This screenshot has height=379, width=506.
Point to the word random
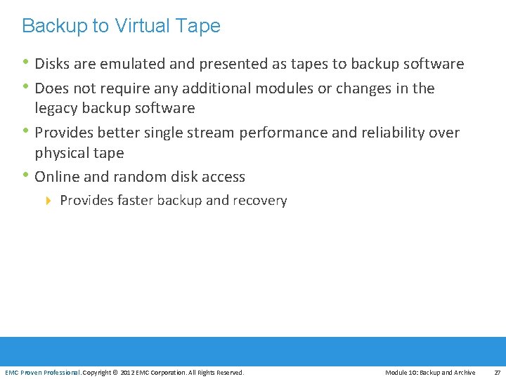128,177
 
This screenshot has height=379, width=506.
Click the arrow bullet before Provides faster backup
48,201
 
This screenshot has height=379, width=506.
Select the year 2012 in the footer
127,373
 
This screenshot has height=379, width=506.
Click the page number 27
497,373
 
